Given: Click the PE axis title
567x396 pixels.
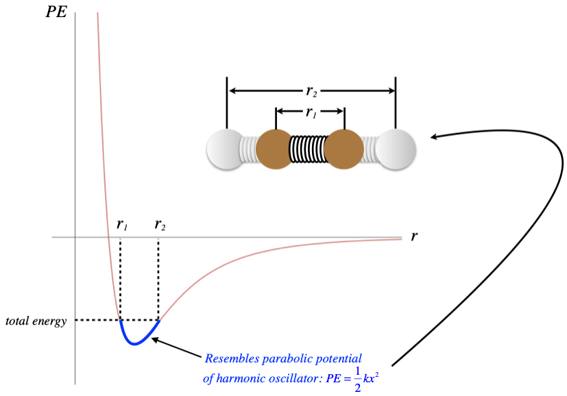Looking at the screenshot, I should click(x=56, y=12).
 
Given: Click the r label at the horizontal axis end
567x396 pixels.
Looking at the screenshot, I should click(x=414, y=236).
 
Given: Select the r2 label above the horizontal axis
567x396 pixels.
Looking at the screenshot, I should click(x=160, y=224).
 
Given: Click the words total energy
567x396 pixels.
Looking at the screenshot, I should click(x=36, y=321).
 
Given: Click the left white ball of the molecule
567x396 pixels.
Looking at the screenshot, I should click(x=226, y=148).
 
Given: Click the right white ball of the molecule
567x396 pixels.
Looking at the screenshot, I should click(x=396, y=148).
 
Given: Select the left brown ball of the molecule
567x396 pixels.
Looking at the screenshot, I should click(x=274, y=148).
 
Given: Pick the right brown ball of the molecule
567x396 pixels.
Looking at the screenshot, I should click(x=343, y=148).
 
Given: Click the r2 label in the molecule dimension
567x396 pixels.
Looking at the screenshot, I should click(x=311, y=90).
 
